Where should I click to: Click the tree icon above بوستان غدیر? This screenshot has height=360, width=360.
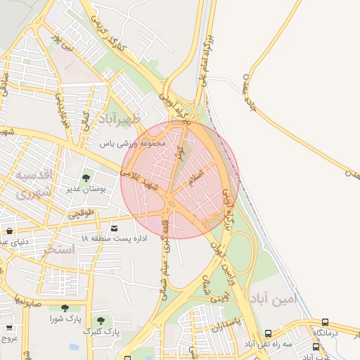86,179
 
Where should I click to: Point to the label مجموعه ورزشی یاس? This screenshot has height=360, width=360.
132,143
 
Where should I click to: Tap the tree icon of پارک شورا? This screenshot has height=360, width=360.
65,308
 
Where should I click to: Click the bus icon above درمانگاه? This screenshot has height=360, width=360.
325,322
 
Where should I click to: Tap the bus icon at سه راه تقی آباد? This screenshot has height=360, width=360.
267,334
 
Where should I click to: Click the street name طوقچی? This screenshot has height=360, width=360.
80,212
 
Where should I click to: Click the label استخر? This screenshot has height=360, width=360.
58,249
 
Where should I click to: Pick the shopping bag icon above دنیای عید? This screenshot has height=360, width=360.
9,231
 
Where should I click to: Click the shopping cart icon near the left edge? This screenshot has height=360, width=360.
9,328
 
